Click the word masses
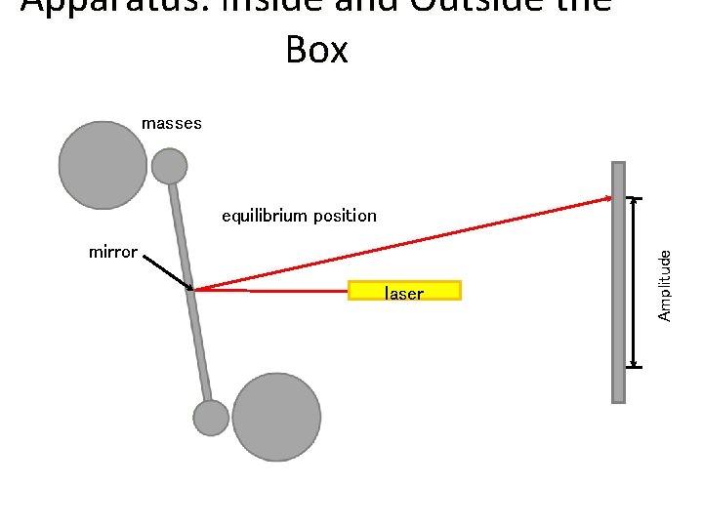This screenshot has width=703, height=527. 172,123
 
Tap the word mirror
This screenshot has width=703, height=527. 112,252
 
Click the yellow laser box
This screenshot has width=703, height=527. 404,291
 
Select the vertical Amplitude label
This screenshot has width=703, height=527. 664,284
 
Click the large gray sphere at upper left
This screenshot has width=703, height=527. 103,165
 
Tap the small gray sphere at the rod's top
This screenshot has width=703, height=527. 169,166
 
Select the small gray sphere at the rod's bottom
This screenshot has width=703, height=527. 211,418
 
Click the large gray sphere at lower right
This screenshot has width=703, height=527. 276,417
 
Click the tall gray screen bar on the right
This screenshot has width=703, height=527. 618,282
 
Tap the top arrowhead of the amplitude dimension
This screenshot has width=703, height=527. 636,201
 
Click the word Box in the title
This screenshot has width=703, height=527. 317,49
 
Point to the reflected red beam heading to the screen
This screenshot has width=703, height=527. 410,244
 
